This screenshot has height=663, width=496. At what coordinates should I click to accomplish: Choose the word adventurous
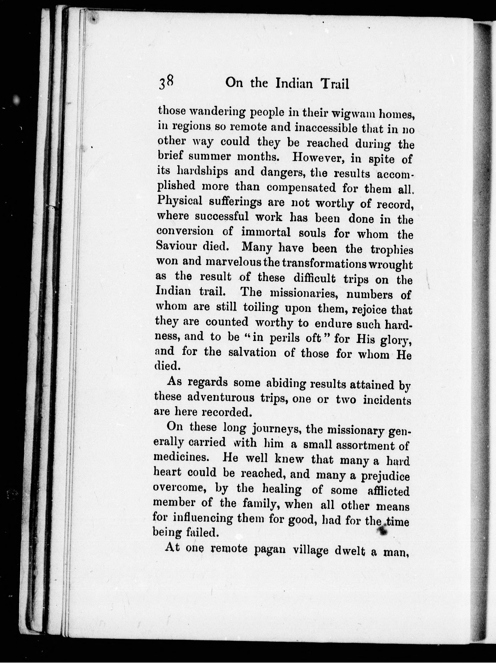[221, 398]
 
